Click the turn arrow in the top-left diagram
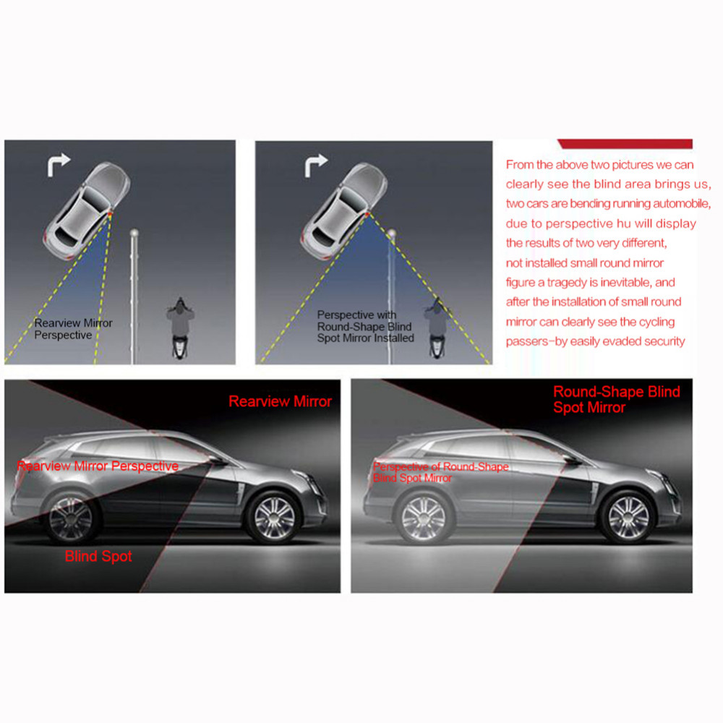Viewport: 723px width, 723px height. click(x=58, y=165)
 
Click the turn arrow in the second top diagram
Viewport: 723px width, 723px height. click(x=315, y=166)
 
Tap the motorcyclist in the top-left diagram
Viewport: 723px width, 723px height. click(x=180, y=328)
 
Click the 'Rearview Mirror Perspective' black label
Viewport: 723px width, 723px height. click(x=73, y=329)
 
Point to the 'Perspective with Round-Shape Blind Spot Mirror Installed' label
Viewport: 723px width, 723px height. click(x=365, y=327)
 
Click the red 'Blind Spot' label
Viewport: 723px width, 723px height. click(x=98, y=556)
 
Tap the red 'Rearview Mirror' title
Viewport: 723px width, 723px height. click(x=280, y=401)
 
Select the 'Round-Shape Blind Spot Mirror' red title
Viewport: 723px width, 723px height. click(x=616, y=399)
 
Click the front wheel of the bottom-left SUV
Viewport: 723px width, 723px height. click(x=274, y=518)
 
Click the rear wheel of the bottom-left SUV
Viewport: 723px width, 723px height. click(x=71, y=518)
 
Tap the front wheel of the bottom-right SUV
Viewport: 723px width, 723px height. click(x=628, y=518)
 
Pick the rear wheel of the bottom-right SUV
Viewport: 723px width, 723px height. click(x=423, y=518)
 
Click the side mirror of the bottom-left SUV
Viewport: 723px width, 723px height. click(x=218, y=461)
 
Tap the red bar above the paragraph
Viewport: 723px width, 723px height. click(x=625, y=144)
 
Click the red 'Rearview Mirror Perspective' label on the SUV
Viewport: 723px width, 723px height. click(x=98, y=466)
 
